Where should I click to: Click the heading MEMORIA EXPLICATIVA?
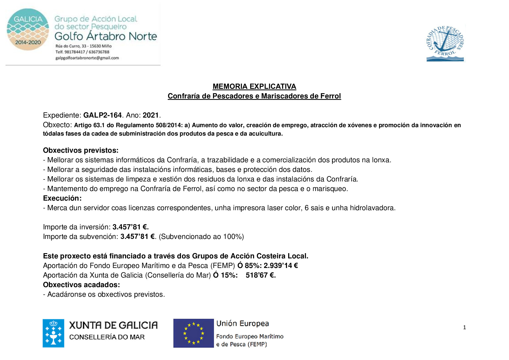[254, 87]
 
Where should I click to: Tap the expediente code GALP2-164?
[102, 115]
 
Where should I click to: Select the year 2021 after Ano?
[151, 115]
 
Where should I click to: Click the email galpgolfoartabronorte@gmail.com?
[87, 58]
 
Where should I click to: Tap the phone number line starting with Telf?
[82, 52]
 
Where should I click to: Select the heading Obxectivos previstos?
[81, 150]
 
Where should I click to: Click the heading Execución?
[62, 198]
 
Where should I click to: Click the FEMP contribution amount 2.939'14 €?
[281, 266]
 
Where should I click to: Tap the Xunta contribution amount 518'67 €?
[261, 275]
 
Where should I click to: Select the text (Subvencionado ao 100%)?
[201, 237]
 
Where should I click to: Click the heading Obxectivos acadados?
[81, 285]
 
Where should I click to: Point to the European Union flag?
[193, 333]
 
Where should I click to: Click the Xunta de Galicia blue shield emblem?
[53, 333]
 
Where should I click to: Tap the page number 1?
[465, 327]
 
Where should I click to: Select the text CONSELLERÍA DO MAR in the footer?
[107, 337]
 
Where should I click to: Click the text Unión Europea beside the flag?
[243, 323]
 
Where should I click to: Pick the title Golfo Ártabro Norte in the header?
[106, 36]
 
